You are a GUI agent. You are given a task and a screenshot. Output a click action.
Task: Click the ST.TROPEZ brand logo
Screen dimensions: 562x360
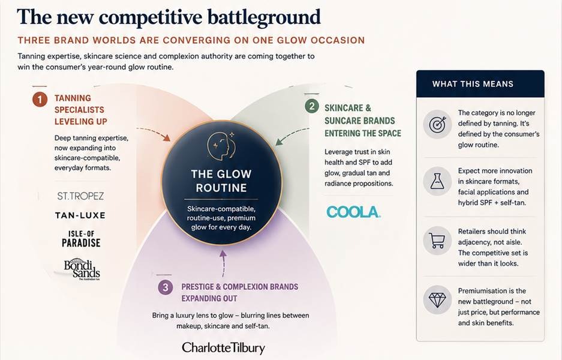tap(80, 196)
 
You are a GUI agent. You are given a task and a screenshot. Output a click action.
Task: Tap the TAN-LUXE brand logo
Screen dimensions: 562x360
tap(80, 215)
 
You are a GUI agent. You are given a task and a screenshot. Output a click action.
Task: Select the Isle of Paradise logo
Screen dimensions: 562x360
tap(81, 239)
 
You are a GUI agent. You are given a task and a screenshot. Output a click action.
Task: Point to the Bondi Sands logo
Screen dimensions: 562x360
tap(82, 269)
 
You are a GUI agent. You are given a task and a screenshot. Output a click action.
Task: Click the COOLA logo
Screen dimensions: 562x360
tap(353, 212)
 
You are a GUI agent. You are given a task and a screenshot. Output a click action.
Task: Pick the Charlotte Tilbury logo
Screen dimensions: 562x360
tap(223, 347)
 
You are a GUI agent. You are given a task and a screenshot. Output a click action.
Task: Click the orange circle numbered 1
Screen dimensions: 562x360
tap(40, 100)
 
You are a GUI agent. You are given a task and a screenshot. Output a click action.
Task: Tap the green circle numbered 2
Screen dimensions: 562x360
tap(312, 106)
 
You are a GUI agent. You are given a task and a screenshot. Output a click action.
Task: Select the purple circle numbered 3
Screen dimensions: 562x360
tap(165, 287)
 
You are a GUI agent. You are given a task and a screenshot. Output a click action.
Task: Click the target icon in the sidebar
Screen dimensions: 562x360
tap(437, 124)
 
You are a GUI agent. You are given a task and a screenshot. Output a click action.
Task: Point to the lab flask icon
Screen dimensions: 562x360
tap(437, 181)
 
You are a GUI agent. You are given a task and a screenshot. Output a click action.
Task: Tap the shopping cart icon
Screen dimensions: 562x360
tap(437, 241)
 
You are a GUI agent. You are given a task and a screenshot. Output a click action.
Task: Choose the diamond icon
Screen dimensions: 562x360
tap(437, 300)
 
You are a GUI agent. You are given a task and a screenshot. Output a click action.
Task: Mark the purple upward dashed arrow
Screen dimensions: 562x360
tap(223, 263)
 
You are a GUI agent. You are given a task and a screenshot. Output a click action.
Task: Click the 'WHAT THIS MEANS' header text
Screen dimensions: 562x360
tap(473, 84)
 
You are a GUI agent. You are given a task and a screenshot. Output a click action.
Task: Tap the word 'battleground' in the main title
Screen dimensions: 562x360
tap(264, 17)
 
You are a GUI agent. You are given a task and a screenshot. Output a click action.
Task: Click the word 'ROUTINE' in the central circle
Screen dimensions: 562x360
tap(221, 188)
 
